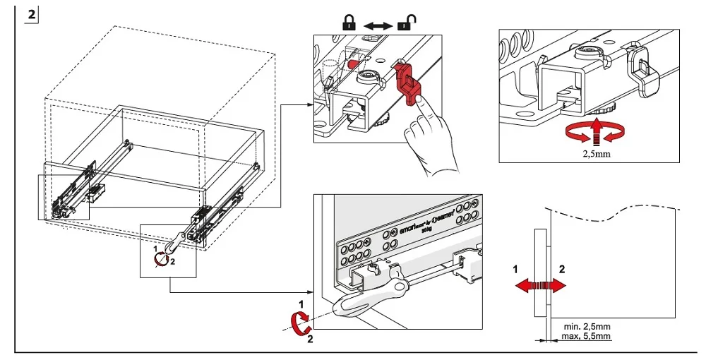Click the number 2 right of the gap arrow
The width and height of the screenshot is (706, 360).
[562, 269]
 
